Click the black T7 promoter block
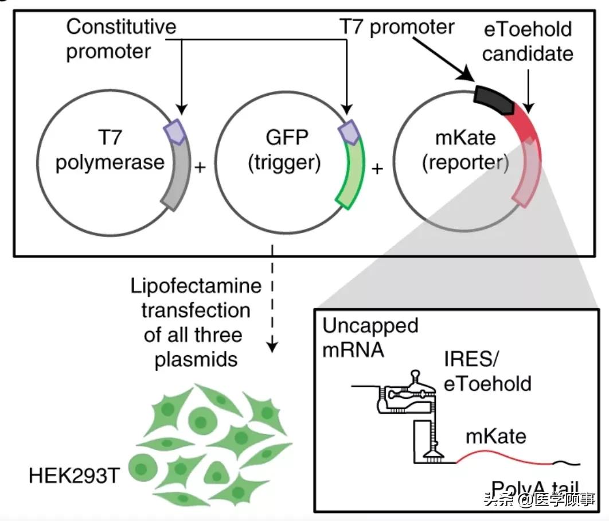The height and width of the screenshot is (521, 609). click(x=494, y=101)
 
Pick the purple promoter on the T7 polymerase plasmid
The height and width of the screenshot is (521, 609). click(x=174, y=133)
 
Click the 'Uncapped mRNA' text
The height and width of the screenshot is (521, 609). click(x=370, y=337)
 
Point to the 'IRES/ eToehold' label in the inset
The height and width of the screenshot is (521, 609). click(x=487, y=372)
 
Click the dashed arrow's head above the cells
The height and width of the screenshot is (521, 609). click(x=273, y=347)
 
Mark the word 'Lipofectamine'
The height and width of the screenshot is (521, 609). click(x=196, y=286)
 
